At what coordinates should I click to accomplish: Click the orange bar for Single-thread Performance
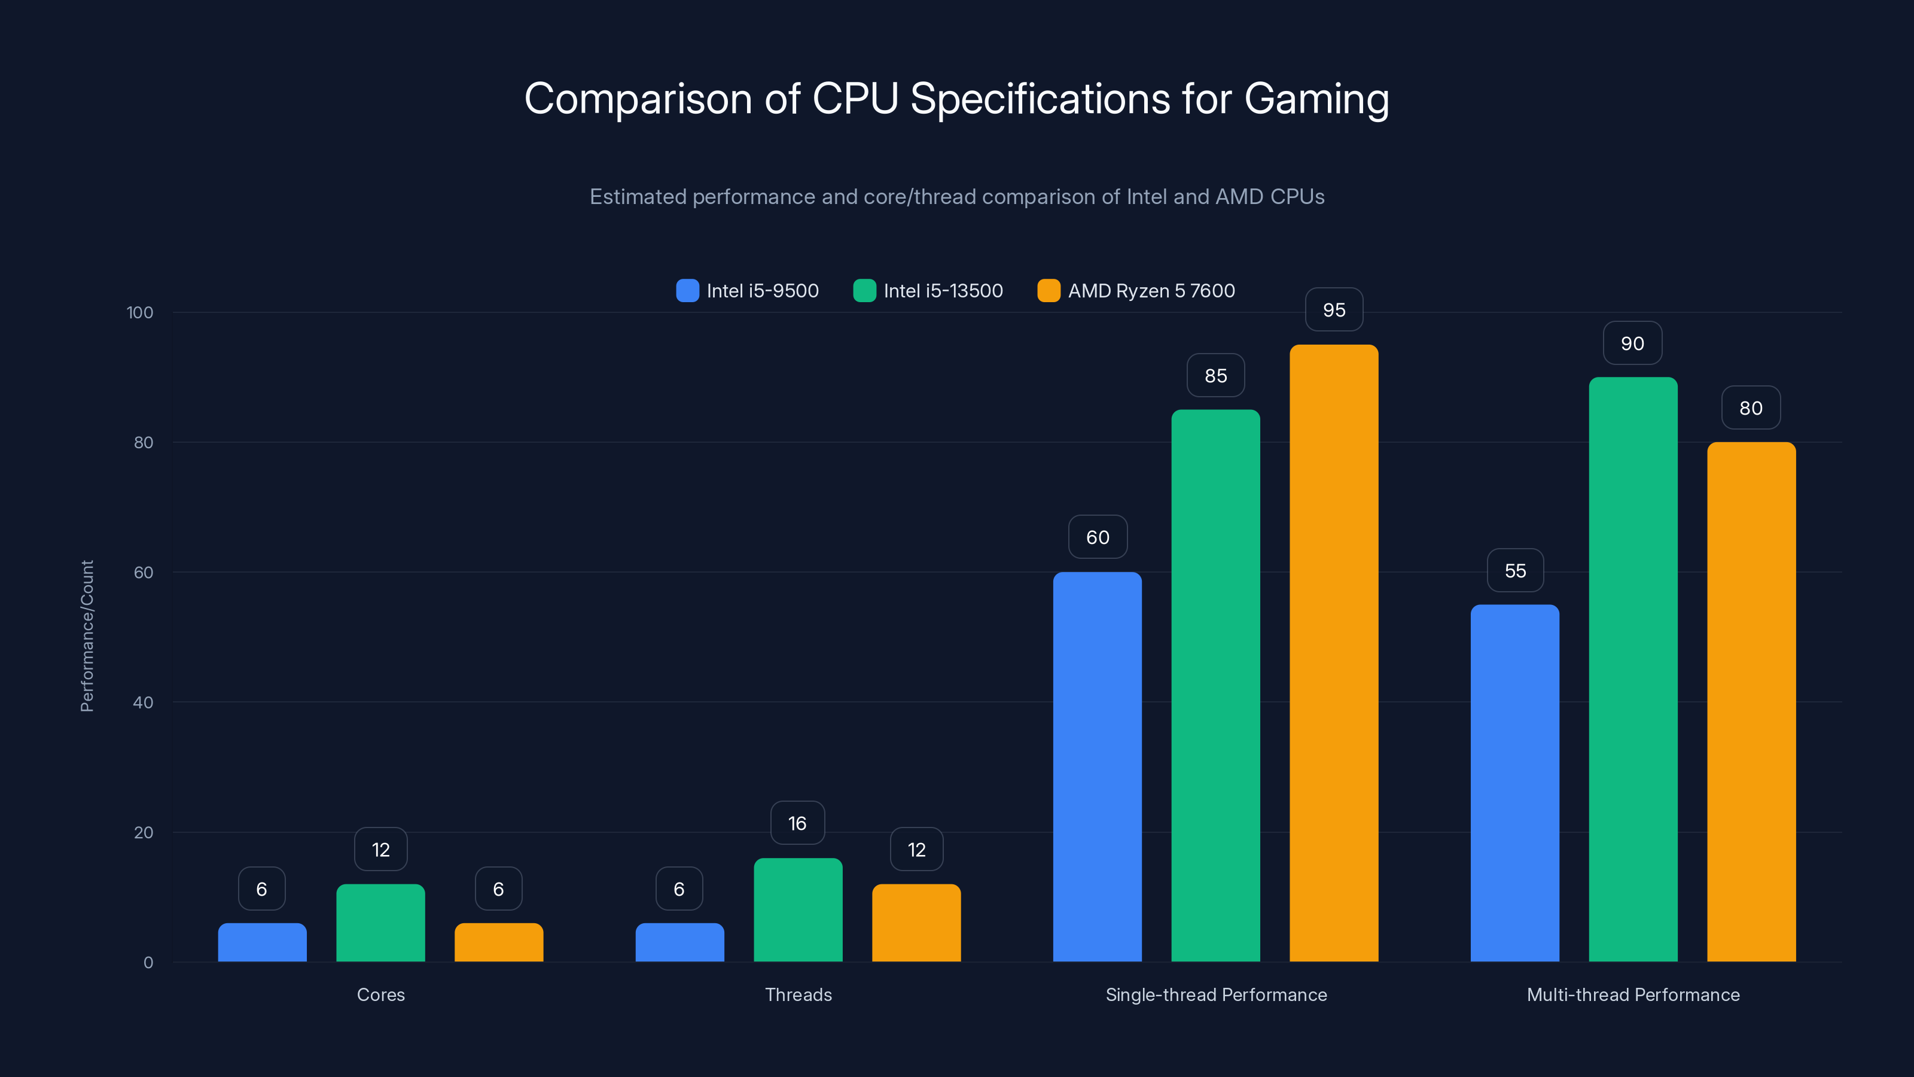click(1334, 654)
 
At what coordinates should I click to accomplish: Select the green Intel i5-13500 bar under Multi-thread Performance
click(1632, 669)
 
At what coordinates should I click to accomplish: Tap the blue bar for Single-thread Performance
click(1097, 766)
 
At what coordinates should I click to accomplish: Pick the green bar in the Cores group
click(380, 923)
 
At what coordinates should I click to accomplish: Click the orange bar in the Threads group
click(916, 923)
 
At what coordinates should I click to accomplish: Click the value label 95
click(1334, 310)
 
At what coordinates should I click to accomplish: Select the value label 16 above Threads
click(797, 823)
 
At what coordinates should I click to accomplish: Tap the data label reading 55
click(1515, 570)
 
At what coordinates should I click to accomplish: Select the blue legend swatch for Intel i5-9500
click(687, 291)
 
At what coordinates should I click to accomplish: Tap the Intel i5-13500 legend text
click(943, 291)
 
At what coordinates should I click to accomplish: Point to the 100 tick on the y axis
click(140, 312)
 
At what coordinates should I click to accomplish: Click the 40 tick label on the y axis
click(143, 702)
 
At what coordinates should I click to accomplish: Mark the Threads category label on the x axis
click(798, 994)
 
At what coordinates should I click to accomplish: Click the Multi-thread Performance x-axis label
click(1632, 994)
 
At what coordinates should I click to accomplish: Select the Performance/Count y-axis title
click(87, 636)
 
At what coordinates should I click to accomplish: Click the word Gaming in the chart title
click(1316, 99)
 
